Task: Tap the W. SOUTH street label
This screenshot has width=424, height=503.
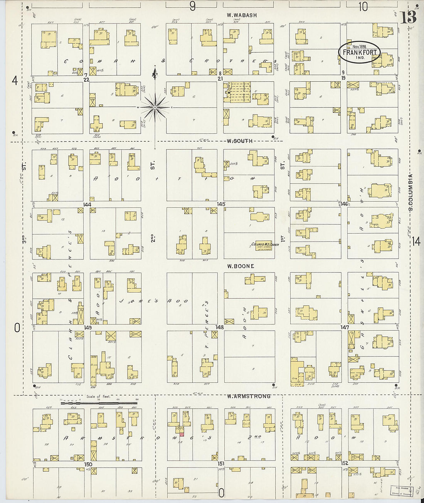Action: click(x=239, y=141)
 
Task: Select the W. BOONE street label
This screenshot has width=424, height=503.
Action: click(x=241, y=266)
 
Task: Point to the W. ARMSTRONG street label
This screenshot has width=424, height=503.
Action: click(x=249, y=396)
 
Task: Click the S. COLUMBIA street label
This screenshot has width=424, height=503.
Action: click(x=411, y=192)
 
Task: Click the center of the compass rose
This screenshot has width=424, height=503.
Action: click(x=155, y=107)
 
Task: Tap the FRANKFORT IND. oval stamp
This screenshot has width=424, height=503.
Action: click(x=359, y=52)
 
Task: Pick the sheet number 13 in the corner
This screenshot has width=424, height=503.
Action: click(x=408, y=17)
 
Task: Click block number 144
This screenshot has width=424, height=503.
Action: click(x=87, y=204)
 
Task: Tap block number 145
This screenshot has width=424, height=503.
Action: click(x=221, y=204)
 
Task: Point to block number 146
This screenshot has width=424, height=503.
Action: click(x=344, y=204)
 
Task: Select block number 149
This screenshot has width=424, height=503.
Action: click(x=88, y=328)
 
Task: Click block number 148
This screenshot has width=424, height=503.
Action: click(x=219, y=327)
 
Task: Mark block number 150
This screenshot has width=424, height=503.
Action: click(x=88, y=464)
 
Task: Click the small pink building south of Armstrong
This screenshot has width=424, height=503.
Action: click(x=182, y=434)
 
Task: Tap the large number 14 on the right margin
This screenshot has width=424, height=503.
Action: click(x=416, y=242)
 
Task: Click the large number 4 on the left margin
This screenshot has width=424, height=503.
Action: click(x=15, y=81)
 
